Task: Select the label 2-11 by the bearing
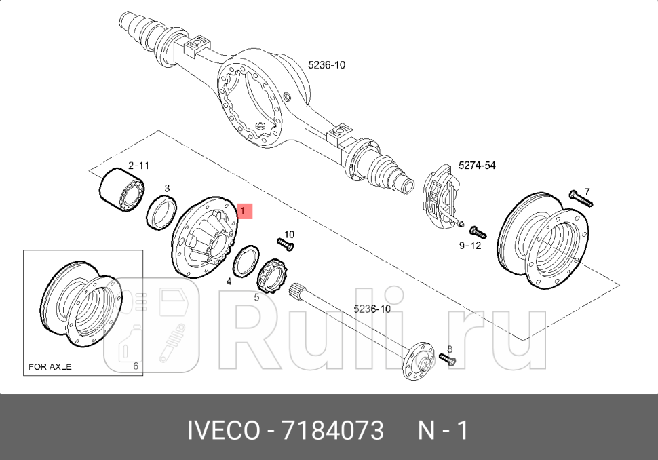click(x=138, y=166)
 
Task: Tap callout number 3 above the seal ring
click(x=167, y=188)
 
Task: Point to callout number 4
click(x=229, y=281)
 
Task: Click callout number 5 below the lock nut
click(x=256, y=296)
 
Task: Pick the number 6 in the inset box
click(x=136, y=366)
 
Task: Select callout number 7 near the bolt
click(x=587, y=191)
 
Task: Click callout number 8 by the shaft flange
click(x=449, y=349)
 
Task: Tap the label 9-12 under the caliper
click(x=469, y=246)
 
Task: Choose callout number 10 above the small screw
click(x=289, y=235)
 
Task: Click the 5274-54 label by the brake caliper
click(x=477, y=165)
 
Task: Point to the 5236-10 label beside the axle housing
click(x=326, y=65)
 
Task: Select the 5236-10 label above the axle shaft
click(x=372, y=309)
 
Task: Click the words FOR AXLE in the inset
click(x=50, y=367)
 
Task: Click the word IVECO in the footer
click(x=223, y=430)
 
